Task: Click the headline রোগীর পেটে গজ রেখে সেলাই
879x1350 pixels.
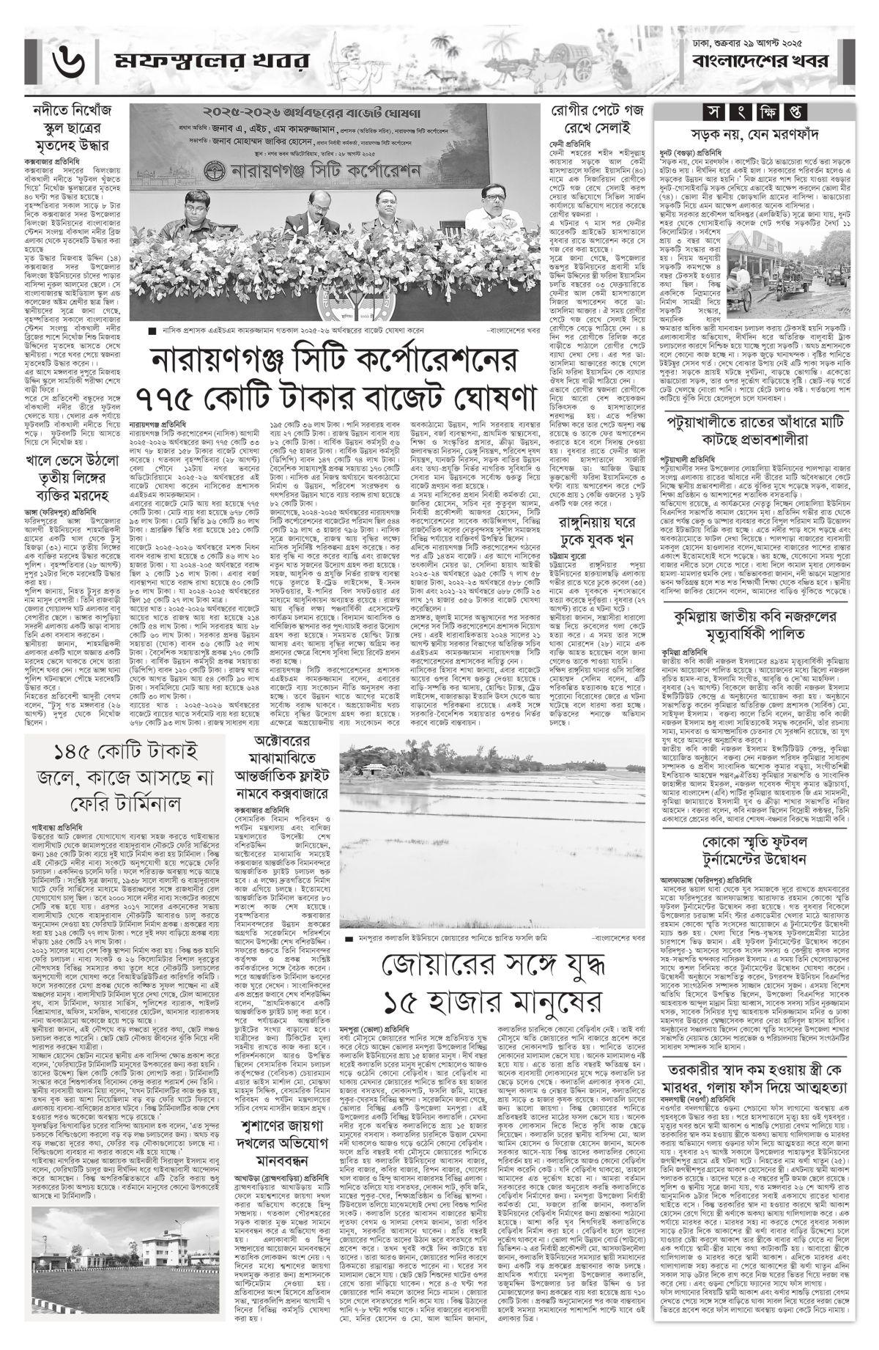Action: pyautogui.click(x=596, y=121)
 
